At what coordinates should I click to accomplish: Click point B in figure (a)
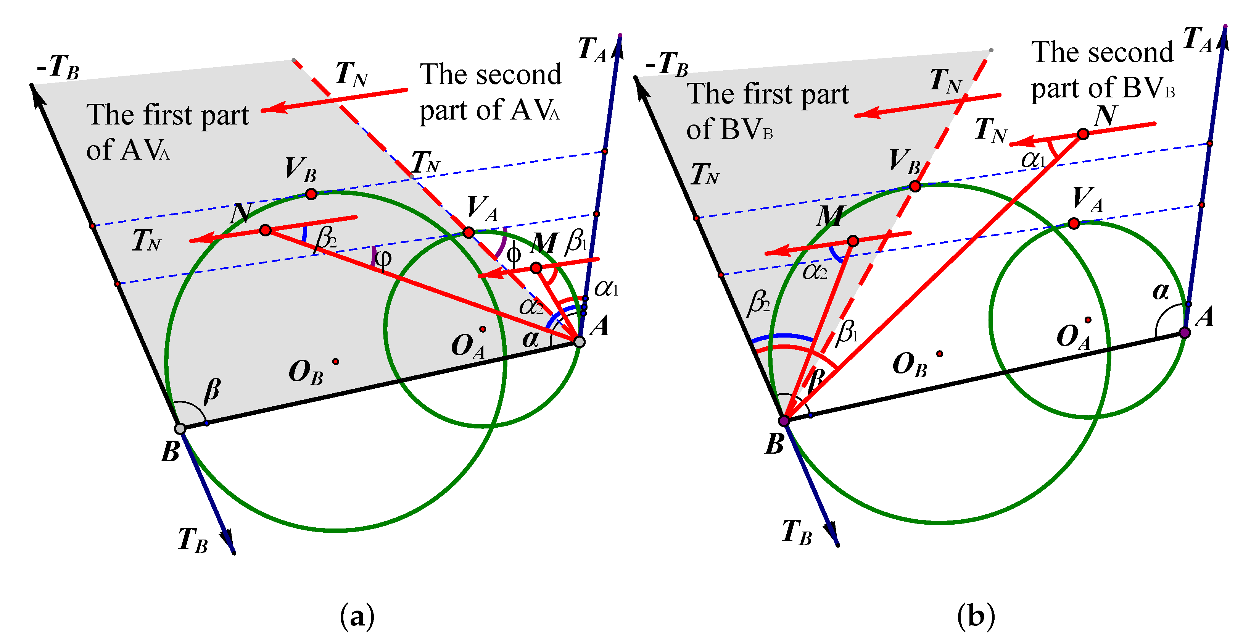(180, 428)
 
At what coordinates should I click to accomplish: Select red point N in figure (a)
(265, 230)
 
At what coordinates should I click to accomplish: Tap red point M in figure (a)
(536, 268)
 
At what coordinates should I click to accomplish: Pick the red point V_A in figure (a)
(468, 232)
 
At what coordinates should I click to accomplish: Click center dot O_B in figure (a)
(336, 362)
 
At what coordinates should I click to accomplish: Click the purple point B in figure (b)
(784, 420)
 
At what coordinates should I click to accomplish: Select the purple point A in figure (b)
(1185, 332)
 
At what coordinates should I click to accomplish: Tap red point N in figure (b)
(1083, 134)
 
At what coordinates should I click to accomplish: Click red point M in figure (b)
(853, 241)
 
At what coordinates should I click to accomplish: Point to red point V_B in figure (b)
(915, 186)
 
